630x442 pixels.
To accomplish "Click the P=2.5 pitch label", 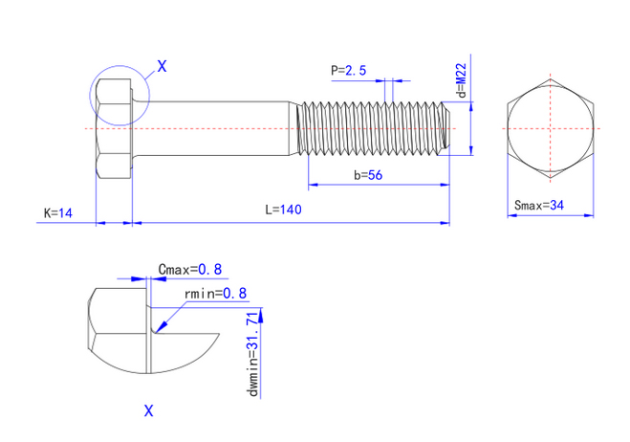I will pyautogui.click(x=348, y=70).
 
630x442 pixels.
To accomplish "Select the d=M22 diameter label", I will pyautogui.click(x=461, y=82).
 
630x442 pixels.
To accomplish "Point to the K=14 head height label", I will pyautogui.click(x=58, y=211).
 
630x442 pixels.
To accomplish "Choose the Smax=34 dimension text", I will pyautogui.click(x=540, y=205).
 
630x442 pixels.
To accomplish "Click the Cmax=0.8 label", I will pyautogui.click(x=188, y=271).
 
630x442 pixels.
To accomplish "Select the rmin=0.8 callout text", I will pyautogui.click(x=214, y=293).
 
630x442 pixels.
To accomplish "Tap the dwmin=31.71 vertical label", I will pyautogui.click(x=253, y=353).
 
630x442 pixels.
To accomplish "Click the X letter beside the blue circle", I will pyautogui.click(x=161, y=67).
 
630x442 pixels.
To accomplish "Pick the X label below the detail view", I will pyautogui.click(x=148, y=411).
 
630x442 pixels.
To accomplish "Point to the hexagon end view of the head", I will pyautogui.click(x=551, y=127).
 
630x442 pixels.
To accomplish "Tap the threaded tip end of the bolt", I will pyautogui.click(x=446, y=127).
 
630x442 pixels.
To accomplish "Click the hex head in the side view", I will pyautogui.click(x=114, y=127).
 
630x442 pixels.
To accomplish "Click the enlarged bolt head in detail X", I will pyautogui.click(x=119, y=330).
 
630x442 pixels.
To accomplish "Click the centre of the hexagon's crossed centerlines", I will pyautogui.click(x=551, y=127).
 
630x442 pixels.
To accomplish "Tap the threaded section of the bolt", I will pyautogui.click(x=373, y=127).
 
